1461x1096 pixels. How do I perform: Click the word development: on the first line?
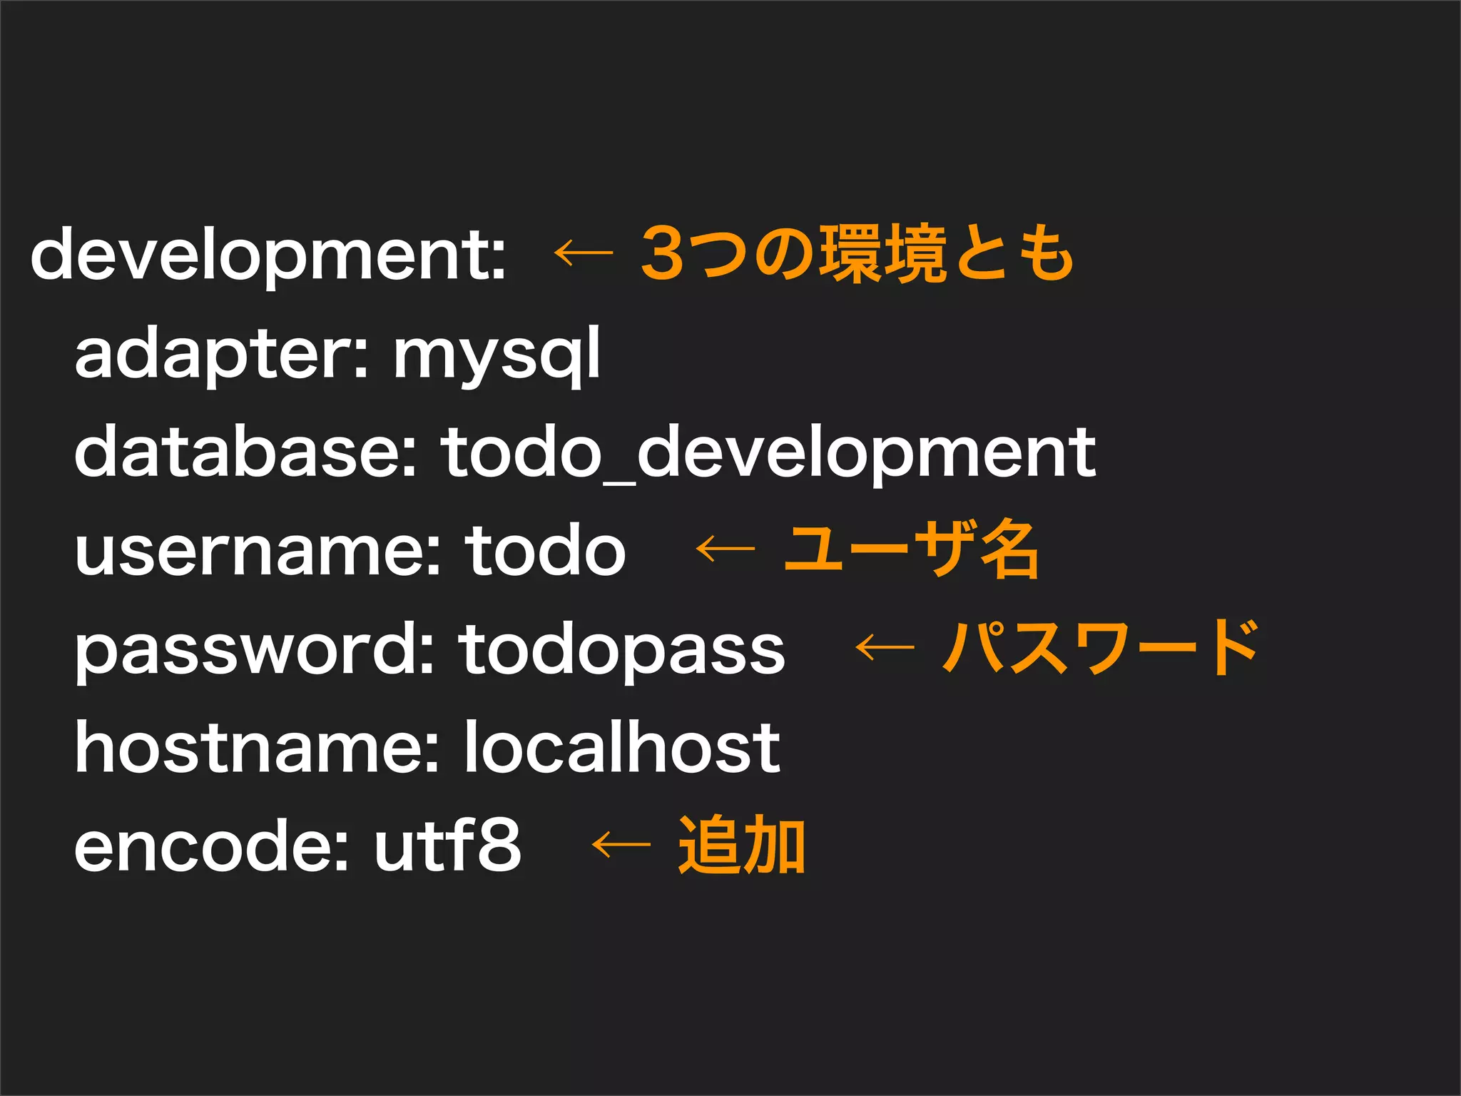click(268, 255)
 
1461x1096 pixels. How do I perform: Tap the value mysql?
click(497, 355)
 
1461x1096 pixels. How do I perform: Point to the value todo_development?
click(768, 452)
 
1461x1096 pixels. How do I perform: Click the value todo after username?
click(546, 551)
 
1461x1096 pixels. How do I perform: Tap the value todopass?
click(621, 649)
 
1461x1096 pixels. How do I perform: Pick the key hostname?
click(257, 747)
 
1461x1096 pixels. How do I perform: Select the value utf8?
click(448, 846)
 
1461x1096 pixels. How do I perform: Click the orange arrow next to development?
click(584, 253)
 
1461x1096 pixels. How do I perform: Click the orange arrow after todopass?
click(885, 647)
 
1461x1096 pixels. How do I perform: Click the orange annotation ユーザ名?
click(911, 549)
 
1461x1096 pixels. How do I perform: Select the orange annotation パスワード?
click(1100, 647)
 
